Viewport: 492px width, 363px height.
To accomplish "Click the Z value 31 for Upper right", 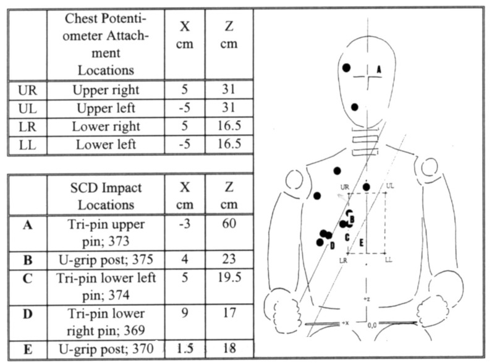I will coord(229,90).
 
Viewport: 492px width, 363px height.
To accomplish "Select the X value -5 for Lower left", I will coord(184,145).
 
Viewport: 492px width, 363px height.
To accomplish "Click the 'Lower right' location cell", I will coord(106,127).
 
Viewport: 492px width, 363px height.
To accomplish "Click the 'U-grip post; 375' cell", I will coord(106,259).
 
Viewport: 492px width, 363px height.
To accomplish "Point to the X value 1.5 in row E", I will coord(184,349).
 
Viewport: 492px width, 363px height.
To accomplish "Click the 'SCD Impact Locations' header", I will coord(106,195).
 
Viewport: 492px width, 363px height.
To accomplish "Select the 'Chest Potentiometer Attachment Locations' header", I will coord(106,45).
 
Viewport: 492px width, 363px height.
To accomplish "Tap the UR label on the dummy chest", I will coord(346,186).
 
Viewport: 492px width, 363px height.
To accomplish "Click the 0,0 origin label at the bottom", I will coord(372,325).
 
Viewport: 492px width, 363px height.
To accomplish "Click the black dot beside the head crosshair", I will coord(347,66).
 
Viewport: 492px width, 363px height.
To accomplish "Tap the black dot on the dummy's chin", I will coord(355,107).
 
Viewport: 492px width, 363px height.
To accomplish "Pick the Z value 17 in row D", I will coord(229,314).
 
